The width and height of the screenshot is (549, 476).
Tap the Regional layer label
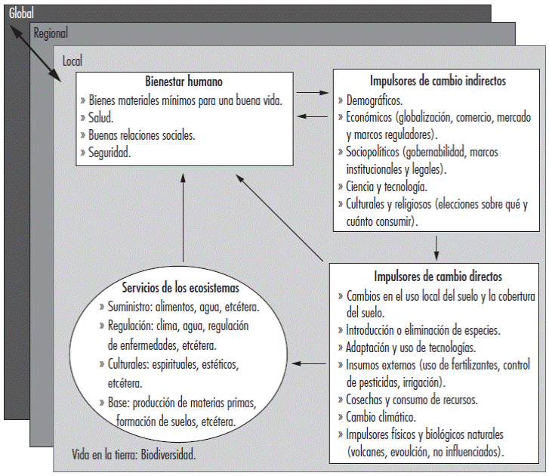[x=51, y=33]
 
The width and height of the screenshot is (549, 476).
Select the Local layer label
[x=72, y=60]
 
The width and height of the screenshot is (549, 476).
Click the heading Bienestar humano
[x=184, y=82]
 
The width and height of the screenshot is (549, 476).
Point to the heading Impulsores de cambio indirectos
[x=438, y=81]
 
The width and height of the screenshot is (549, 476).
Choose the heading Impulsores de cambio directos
[x=438, y=277]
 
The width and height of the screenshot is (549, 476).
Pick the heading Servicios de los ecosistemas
[x=180, y=288]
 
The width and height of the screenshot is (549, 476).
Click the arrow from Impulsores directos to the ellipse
[x=310, y=363]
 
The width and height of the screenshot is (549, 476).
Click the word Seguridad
[x=111, y=153]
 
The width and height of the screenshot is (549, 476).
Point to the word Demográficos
[x=374, y=100]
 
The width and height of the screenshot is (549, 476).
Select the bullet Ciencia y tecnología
[x=387, y=186]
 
